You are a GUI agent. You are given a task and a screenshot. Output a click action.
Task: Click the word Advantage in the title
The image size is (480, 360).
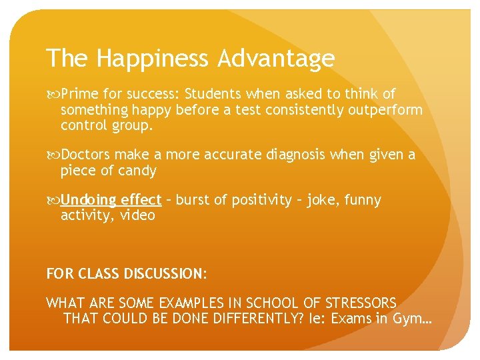[x=275, y=59]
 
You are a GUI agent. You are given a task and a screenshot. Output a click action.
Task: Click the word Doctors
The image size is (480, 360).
[x=86, y=155]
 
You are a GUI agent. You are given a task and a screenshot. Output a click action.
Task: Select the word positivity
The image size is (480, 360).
[x=259, y=200]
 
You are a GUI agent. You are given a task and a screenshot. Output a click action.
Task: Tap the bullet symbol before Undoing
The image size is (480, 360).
[x=52, y=200]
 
